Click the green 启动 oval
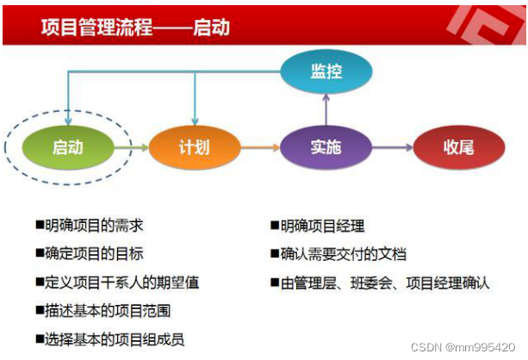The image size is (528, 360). [67, 147]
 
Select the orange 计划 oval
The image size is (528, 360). [195, 147]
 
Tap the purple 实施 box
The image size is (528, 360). [326, 147]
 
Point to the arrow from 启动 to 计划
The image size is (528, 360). [131, 147]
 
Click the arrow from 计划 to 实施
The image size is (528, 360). [259, 147]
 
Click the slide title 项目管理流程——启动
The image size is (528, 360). [135, 27]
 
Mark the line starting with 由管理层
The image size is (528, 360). [380, 282]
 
